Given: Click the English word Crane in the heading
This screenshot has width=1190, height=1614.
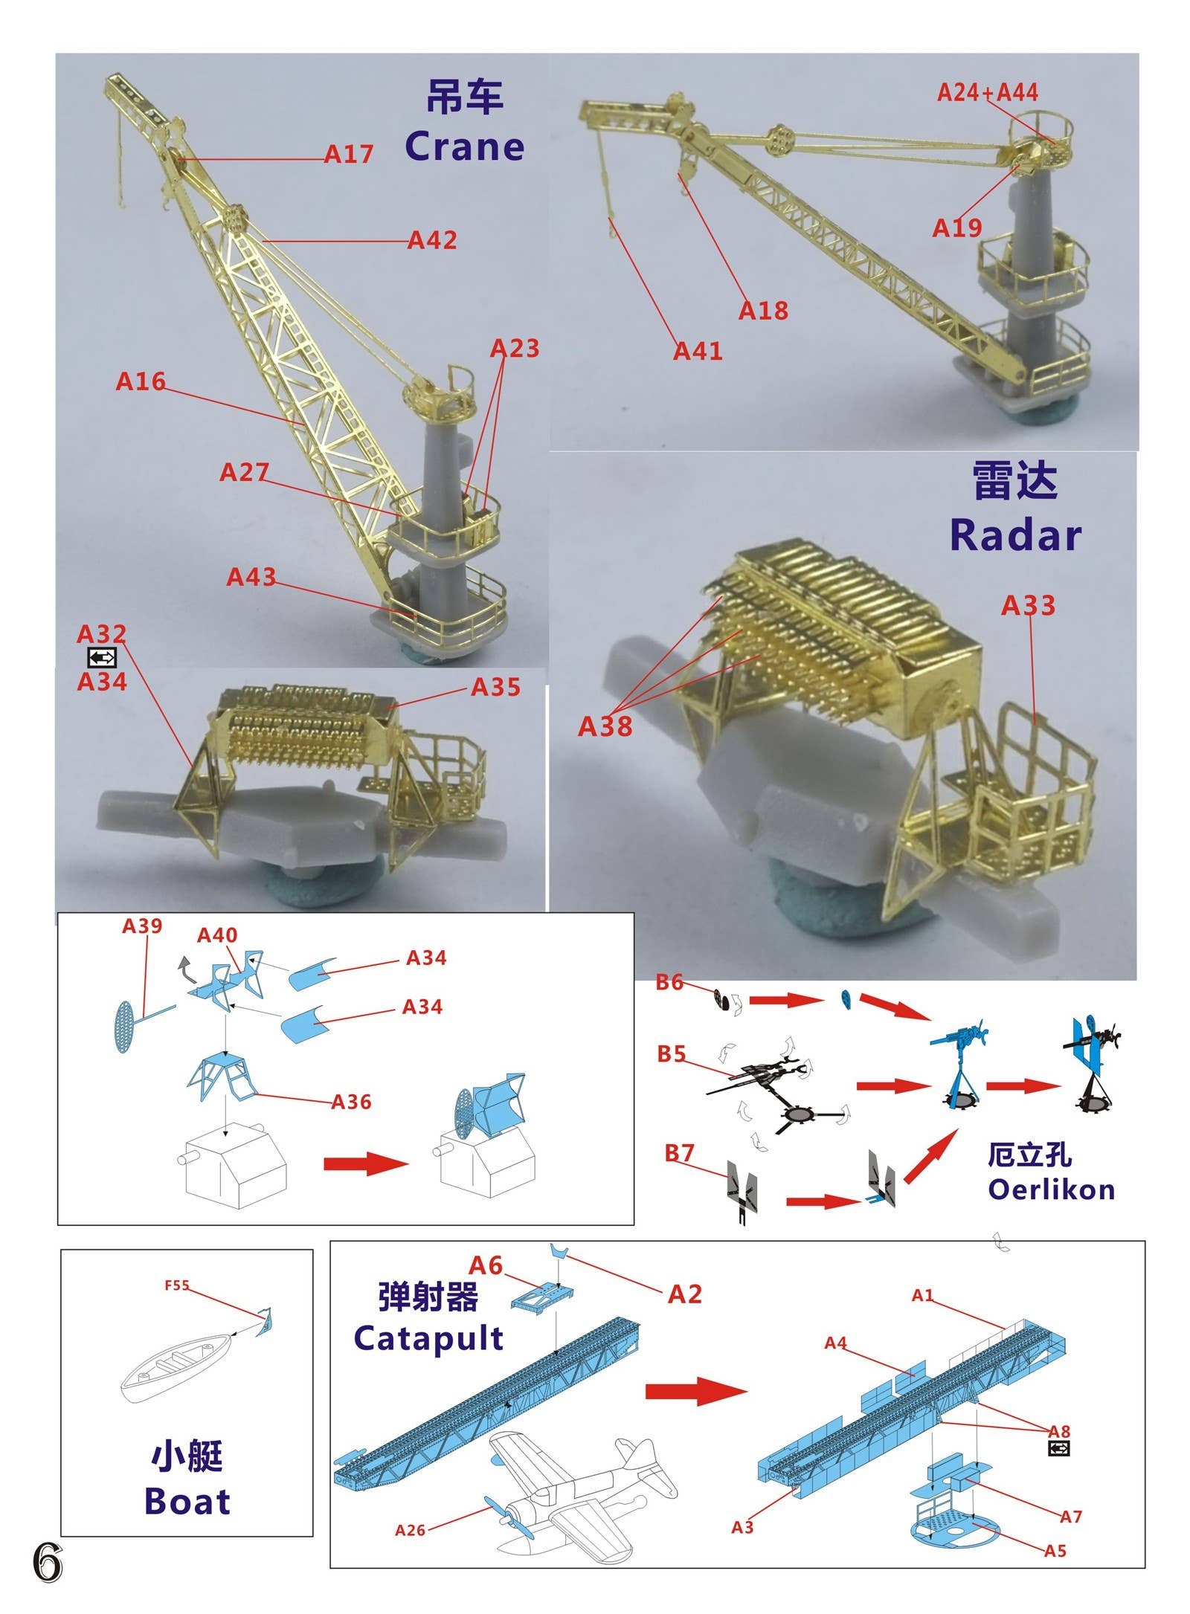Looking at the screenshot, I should (464, 146).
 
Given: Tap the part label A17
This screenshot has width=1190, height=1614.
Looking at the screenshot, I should (348, 154).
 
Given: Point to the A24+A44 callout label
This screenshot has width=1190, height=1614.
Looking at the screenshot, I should (987, 92).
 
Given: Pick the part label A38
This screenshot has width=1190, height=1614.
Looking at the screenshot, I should (605, 726).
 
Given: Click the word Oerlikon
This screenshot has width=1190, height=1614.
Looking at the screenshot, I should (1051, 1189).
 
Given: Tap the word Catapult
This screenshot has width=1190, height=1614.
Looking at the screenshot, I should (428, 1338).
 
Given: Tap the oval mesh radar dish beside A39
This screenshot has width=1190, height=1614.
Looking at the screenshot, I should (126, 1027).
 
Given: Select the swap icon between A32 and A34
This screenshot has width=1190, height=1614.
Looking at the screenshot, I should (102, 657).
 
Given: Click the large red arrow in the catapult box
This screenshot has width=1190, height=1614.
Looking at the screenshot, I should (695, 1390).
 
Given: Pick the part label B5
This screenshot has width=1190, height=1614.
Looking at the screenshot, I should (671, 1054).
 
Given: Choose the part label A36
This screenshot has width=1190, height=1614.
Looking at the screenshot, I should (351, 1102).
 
